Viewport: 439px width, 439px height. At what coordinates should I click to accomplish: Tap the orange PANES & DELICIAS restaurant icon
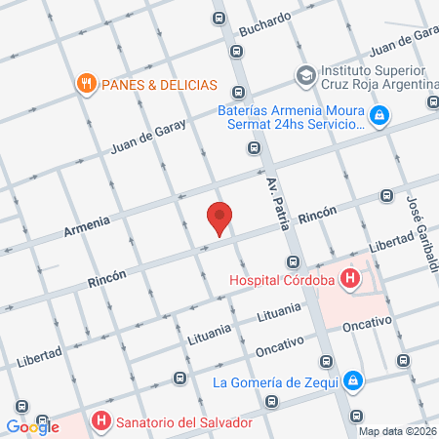point(86,84)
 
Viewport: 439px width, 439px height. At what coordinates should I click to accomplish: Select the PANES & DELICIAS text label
point(157,85)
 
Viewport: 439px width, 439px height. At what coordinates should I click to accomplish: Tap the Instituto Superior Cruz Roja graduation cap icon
point(305,74)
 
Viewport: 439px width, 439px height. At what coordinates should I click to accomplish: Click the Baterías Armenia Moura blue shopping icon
point(379,119)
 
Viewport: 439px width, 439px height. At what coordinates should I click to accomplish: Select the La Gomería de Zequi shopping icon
point(356,380)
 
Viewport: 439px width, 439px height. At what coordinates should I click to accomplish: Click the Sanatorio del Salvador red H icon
point(99,421)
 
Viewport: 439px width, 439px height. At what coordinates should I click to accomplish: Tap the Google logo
point(32,425)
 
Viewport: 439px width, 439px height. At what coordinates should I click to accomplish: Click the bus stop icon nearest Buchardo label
point(219,18)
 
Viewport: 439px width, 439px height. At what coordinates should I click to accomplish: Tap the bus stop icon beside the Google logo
point(21,406)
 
